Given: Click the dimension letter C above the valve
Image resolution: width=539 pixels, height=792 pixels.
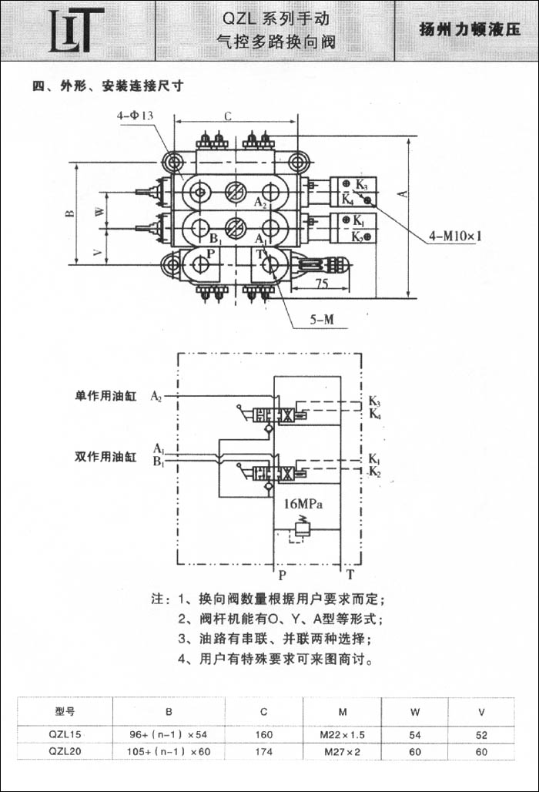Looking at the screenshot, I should [229, 116].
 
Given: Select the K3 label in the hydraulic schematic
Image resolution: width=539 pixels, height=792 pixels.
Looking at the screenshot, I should [374, 401].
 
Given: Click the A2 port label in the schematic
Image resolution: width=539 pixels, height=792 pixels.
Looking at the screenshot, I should [156, 396].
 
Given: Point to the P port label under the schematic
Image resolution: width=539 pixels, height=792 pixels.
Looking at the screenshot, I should [282, 575].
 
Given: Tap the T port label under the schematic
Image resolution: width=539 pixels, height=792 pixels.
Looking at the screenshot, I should [350, 575].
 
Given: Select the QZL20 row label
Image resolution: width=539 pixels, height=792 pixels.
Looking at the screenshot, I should [65, 750].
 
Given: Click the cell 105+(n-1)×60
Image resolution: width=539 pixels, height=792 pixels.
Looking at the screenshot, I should [169, 750].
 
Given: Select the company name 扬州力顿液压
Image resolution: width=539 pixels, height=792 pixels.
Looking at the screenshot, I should [469, 30].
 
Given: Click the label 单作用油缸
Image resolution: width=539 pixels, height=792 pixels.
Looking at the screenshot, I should [105, 397].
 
